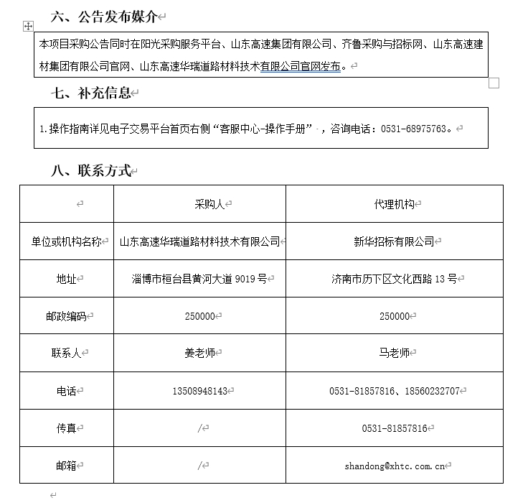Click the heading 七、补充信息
point(91,93)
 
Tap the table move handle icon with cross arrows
point(29,26)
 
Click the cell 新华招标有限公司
point(394,241)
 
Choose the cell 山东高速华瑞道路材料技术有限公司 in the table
point(199,241)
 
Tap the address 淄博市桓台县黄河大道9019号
point(200,279)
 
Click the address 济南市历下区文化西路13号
point(394,279)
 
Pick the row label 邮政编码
point(65,316)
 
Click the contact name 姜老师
point(199,354)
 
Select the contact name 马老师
point(394,354)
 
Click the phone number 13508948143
point(199,391)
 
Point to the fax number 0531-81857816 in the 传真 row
point(394,428)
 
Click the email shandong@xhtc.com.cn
point(394,466)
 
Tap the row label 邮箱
point(65,466)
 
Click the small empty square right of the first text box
point(494,83)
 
